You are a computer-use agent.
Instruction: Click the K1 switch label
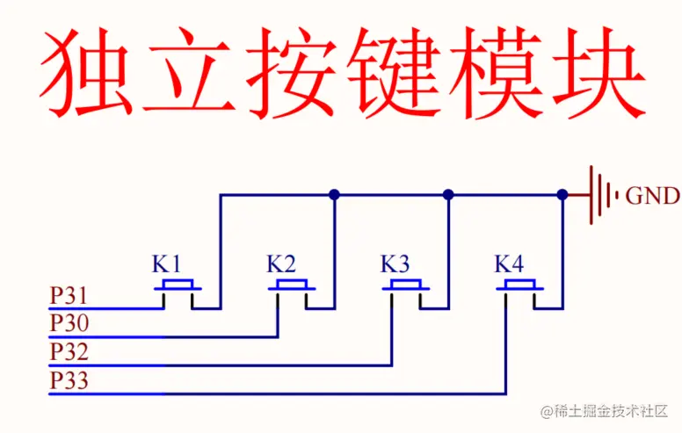click(x=167, y=263)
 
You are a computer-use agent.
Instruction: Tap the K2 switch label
click(x=281, y=263)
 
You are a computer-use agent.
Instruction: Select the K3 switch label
click(x=395, y=263)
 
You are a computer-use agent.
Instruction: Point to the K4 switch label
click(x=509, y=263)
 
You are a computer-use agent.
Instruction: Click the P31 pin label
click(x=69, y=296)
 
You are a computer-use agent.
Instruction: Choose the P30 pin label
click(x=69, y=324)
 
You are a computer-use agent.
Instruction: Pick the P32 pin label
click(x=69, y=352)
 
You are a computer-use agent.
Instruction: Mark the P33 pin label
click(x=69, y=381)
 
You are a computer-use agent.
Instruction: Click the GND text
click(x=652, y=196)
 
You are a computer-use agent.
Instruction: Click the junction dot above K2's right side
click(x=334, y=195)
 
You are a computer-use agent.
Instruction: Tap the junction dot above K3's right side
click(x=448, y=195)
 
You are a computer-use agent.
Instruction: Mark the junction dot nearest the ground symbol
click(x=562, y=195)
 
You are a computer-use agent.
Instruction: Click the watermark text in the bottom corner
click(x=606, y=411)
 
